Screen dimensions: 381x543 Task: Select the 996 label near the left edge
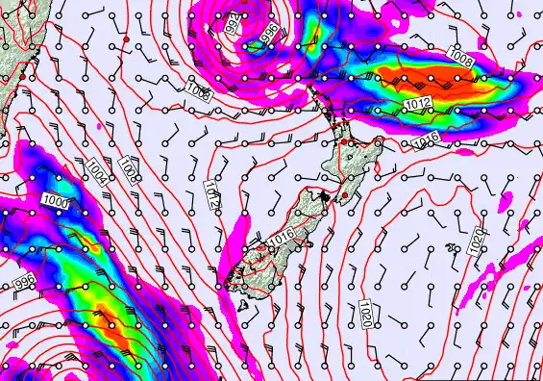pos(24,285)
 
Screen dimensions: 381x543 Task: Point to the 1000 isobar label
pos(56,200)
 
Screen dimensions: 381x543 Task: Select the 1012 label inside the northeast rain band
pos(416,104)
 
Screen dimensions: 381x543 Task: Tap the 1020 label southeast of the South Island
pos(368,312)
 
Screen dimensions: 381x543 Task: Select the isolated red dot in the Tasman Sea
pos(126,38)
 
